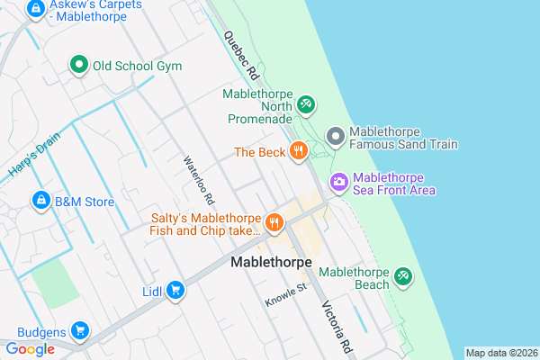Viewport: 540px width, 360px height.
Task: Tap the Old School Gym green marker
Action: click(x=79, y=65)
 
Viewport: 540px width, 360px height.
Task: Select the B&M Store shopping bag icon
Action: click(x=40, y=201)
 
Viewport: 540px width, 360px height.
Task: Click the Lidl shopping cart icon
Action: click(x=176, y=290)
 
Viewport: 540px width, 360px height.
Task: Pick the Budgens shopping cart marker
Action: click(x=80, y=330)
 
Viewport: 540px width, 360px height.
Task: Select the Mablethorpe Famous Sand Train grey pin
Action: click(x=335, y=137)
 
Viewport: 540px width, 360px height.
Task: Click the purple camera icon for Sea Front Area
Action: click(x=338, y=182)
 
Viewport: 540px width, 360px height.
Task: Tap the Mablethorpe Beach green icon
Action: click(x=403, y=275)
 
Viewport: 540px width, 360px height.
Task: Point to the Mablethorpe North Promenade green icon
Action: click(x=305, y=105)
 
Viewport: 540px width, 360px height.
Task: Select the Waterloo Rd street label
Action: click(x=198, y=179)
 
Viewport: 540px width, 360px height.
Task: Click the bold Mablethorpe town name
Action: click(x=271, y=262)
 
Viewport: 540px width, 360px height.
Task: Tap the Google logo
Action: click(x=30, y=349)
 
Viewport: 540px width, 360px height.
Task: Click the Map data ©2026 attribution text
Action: click(x=500, y=353)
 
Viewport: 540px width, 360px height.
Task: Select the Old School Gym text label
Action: click(x=137, y=66)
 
